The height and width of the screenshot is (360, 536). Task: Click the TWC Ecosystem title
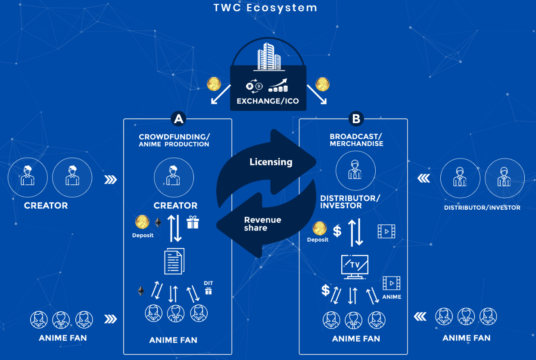tap(265, 8)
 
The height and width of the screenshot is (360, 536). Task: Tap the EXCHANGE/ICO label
tap(268, 101)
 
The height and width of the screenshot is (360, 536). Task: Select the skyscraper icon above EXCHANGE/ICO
tap(269, 56)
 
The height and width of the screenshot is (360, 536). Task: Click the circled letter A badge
tap(178, 119)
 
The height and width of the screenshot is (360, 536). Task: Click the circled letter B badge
tap(356, 119)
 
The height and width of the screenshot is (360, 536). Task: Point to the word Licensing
tap(271, 162)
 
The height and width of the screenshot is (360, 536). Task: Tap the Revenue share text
tap(262, 224)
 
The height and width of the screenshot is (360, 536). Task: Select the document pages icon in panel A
tap(174, 261)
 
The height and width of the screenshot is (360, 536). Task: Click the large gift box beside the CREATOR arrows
tap(193, 222)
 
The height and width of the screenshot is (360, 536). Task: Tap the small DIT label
tap(209, 283)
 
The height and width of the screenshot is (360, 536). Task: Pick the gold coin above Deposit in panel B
tap(319, 228)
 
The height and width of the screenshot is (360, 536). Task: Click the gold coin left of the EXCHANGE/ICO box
tap(214, 84)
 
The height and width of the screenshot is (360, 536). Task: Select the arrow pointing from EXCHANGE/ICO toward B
tap(317, 94)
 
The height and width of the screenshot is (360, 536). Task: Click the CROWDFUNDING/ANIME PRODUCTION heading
tap(174, 140)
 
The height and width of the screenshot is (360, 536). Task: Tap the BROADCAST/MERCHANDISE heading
tap(356, 140)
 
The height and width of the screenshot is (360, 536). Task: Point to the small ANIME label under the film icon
tap(392, 297)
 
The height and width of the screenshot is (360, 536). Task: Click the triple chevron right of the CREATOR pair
tap(111, 180)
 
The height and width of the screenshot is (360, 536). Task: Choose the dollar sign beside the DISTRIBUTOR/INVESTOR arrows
tap(337, 231)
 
